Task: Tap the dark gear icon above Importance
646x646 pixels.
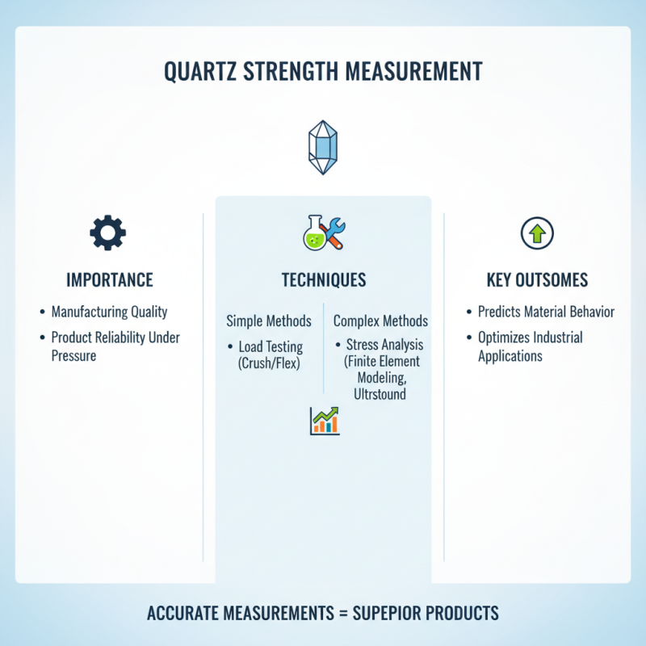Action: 107,233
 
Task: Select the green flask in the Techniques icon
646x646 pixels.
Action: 313,237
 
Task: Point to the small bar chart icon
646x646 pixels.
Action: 324,421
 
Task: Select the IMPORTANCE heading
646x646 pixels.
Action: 110,280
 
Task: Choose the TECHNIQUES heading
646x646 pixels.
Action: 323,280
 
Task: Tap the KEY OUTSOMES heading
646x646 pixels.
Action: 537,280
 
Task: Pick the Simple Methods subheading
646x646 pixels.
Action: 269,321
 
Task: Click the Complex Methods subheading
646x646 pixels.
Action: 380,321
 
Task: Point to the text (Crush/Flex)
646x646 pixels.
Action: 270,363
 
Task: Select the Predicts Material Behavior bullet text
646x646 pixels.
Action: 546,312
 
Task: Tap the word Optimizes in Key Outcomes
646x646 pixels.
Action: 506,338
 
